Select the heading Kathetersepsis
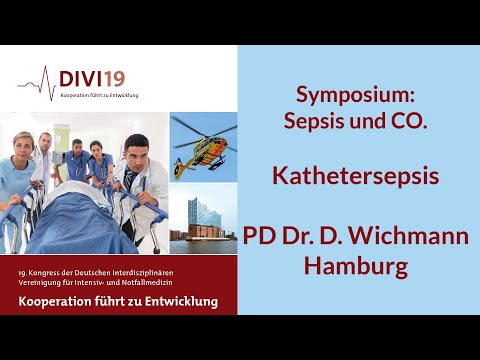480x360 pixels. pyautogui.click(x=357, y=176)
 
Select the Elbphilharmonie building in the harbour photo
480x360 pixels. pyautogui.click(x=205, y=221)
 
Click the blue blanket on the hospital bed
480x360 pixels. pyautogui.click(x=80, y=225)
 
